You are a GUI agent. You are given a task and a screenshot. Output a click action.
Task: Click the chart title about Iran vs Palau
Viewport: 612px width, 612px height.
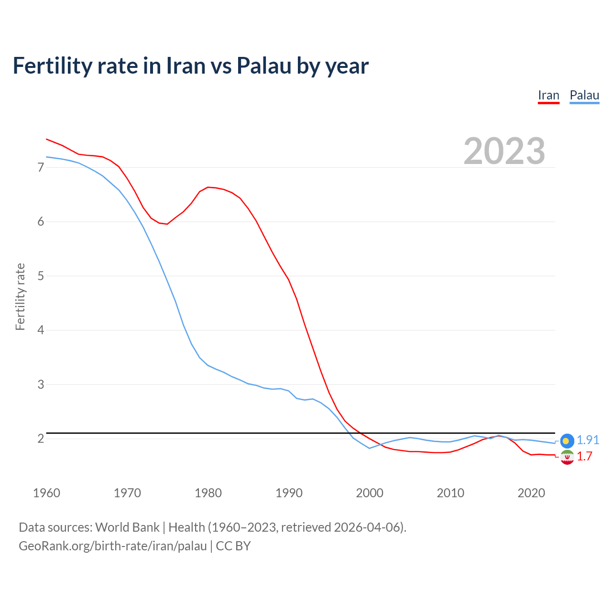pyautogui.click(x=190, y=66)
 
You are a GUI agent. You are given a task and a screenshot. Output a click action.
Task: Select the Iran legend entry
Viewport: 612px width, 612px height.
pyautogui.click(x=548, y=95)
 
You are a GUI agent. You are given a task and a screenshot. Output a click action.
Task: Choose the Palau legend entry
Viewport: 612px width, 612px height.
pyautogui.click(x=584, y=95)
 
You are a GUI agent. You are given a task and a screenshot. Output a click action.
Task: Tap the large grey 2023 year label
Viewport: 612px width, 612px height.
pyautogui.click(x=504, y=151)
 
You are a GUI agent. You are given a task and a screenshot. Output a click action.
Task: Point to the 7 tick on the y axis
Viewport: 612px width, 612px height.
pyautogui.click(x=41, y=167)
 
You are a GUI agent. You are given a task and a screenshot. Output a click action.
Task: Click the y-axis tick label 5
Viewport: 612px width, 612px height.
pyautogui.click(x=41, y=276)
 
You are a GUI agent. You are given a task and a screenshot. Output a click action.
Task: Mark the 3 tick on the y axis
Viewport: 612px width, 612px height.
pyautogui.click(x=41, y=384)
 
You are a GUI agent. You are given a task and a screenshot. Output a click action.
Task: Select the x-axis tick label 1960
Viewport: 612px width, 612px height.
pyautogui.click(x=46, y=493)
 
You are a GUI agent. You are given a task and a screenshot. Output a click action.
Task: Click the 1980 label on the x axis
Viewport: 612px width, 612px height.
pyautogui.click(x=208, y=493)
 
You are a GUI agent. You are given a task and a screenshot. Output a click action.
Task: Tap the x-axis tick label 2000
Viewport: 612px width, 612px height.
pyautogui.click(x=370, y=493)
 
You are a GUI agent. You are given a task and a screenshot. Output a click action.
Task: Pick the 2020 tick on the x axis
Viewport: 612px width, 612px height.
pyautogui.click(x=531, y=493)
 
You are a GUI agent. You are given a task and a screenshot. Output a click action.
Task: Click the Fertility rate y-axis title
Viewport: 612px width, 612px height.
pyautogui.click(x=20, y=296)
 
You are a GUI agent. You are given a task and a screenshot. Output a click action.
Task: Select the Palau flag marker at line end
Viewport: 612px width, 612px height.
pyautogui.click(x=567, y=441)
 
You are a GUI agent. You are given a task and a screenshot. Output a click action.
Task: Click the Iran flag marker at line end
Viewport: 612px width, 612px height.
pyautogui.click(x=567, y=457)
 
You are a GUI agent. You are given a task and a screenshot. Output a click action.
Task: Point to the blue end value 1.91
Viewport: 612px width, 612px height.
pyautogui.click(x=588, y=440)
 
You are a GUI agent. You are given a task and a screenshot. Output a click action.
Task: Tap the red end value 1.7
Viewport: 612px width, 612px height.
pyautogui.click(x=584, y=456)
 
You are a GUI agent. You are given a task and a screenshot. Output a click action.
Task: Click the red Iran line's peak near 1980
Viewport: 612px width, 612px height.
pyautogui.click(x=208, y=187)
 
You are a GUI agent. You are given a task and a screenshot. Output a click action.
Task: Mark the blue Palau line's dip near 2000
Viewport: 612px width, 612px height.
pyautogui.click(x=369, y=448)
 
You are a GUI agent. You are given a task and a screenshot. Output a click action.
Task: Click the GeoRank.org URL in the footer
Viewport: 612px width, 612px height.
pyautogui.click(x=113, y=546)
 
